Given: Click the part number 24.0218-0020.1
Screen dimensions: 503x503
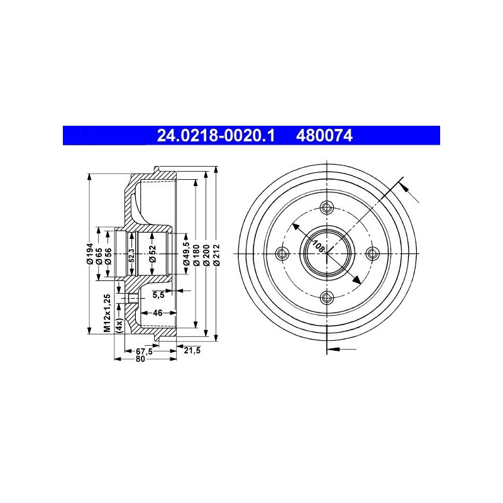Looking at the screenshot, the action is (x=216, y=136).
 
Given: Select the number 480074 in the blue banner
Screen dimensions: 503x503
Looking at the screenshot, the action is (x=324, y=136).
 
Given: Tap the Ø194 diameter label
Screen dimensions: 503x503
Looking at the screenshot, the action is (x=90, y=254).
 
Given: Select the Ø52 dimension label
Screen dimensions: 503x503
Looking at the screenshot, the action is (x=152, y=254).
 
